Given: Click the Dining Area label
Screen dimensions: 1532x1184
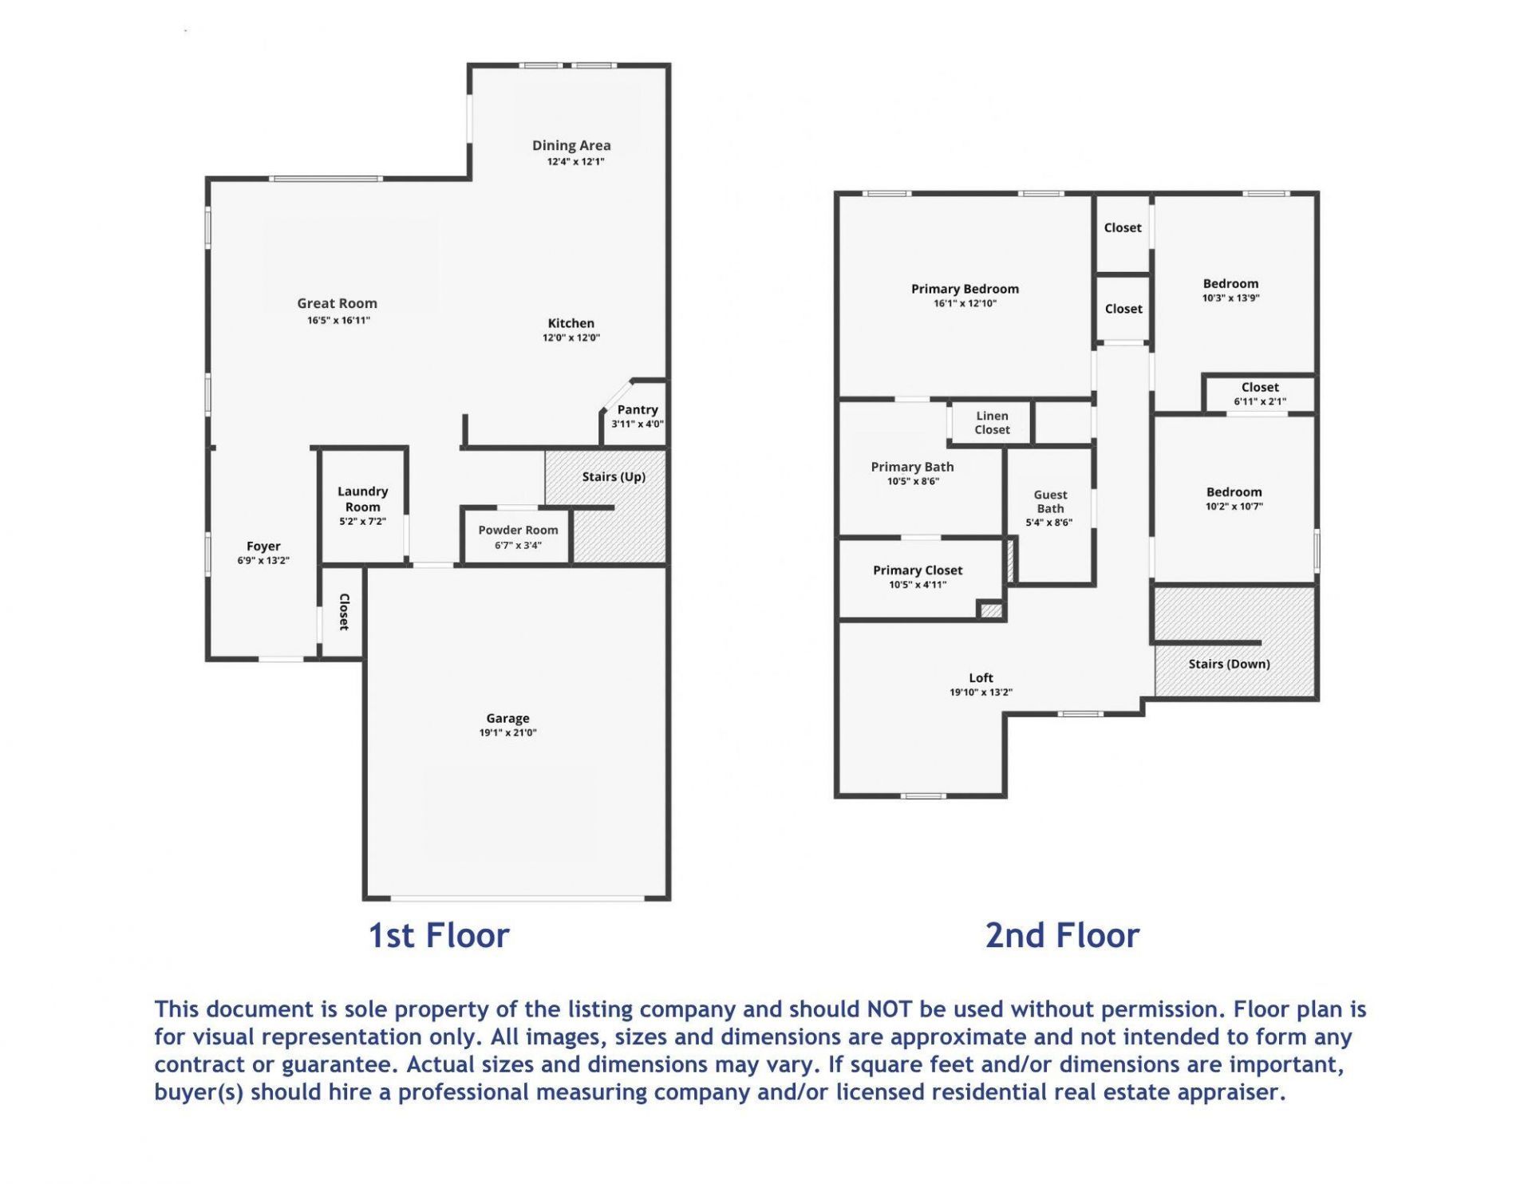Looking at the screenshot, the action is pyautogui.click(x=571, y=145).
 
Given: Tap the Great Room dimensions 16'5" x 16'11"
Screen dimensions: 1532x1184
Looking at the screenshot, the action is pyautogui.click(x=338, y=321).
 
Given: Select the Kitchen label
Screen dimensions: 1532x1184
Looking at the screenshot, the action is pyautogui.click(x=571, y=323).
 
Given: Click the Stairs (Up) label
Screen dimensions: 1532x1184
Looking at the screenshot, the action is pyautogui.click(x=614, y=477).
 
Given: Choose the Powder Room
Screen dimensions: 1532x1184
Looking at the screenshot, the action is pyautogui.click(x=517, y=536).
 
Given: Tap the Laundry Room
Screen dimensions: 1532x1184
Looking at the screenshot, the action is pyautogui.click(x=363, y=506).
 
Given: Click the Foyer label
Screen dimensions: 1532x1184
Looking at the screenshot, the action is pyautogui.click(x=263, y=547).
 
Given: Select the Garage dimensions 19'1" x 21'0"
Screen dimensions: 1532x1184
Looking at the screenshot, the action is pyautogui.click(x=507, y=733).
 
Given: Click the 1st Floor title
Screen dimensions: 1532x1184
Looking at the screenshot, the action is pyautogui.click(x=438, y=936).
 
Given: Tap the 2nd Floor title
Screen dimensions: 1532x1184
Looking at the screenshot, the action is pyautogui.click(x=1062, y=936).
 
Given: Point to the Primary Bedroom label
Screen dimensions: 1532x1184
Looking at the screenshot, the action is pyautogui.click(x=965, y=289).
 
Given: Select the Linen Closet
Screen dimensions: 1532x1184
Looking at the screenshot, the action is pyautogui.click(x=991, y=423).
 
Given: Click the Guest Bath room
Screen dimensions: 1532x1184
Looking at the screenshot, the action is pyautogui.click(x=1050, y=516).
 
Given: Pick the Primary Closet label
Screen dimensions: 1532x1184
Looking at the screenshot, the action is pyautogui.click(x=918, y=570).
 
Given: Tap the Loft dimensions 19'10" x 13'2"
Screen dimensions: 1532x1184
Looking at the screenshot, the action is pyautogui.click(x=981, y=693).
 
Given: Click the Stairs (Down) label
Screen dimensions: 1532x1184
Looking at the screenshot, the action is pyautogui.click(x=1229, y=664).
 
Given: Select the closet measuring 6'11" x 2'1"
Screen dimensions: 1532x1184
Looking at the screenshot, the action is pyautogui.click(x=1259, y=394).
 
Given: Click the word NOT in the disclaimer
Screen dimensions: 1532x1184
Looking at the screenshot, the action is pyautogui.click(x=890, y=1009).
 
